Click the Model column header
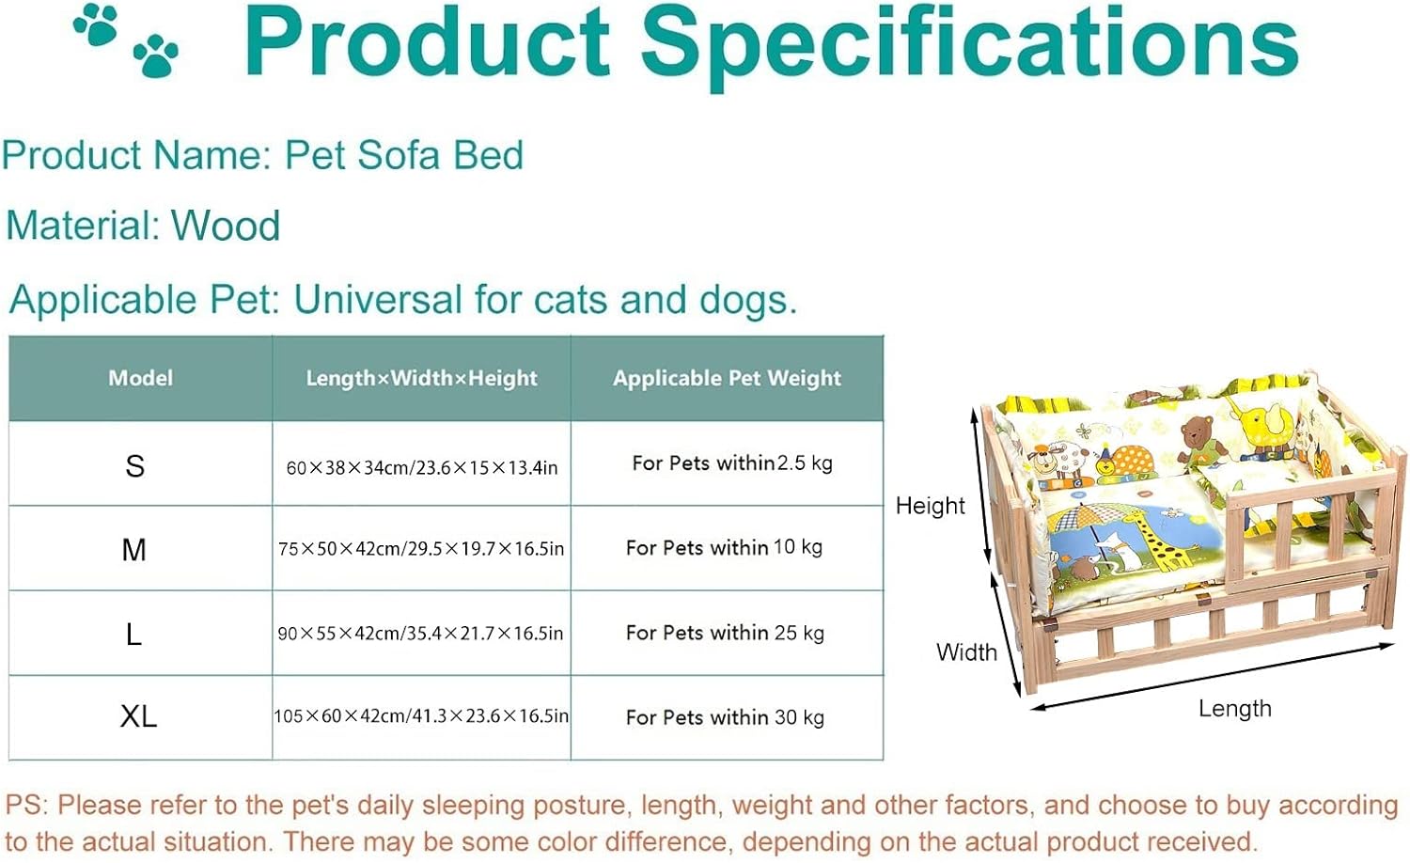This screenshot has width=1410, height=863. click(141, 378)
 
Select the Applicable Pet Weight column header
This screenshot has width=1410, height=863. click(727, 378)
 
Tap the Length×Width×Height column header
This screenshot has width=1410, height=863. click(421, 378)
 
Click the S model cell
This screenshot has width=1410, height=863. click(135, 465)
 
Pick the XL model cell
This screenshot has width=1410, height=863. click(138, 716)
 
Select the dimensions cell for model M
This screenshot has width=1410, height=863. click(421, 549)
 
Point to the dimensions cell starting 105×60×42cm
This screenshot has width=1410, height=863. click(421, 716)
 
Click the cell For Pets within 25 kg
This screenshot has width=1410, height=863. click(725, 633)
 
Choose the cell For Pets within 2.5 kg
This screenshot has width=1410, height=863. click(731, 463)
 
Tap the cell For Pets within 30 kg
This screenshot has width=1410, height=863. click(725, 717)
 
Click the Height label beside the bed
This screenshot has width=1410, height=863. click(930, 506)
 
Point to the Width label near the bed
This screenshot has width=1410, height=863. click(966, 652)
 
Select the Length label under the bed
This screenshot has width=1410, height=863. click(1234, 709)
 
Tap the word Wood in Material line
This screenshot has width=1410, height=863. click(226, 227)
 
